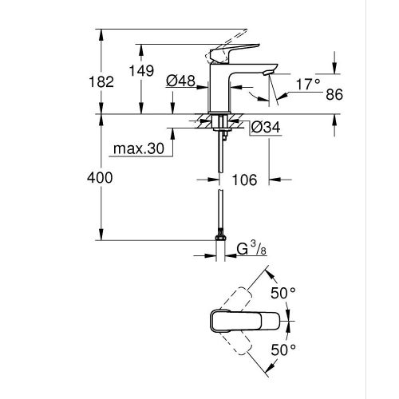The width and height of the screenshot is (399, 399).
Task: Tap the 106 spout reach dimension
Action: pos(246,181)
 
